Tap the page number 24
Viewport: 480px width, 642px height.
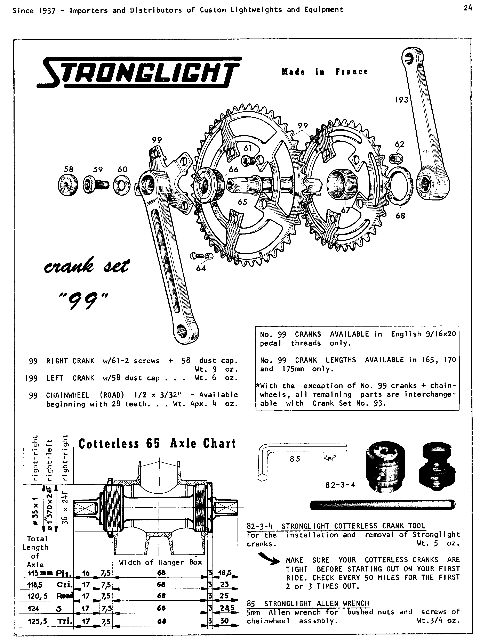(467, 8)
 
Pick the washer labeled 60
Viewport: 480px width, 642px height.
(122, 185)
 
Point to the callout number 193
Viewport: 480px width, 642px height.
(402, 100)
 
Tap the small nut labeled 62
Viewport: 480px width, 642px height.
(394, 158)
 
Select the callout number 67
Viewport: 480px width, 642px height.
(346, 210)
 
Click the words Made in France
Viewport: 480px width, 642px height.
(324, 72)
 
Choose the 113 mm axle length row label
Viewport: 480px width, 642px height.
(46, 573)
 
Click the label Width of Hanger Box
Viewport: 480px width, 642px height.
(160, 562)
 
